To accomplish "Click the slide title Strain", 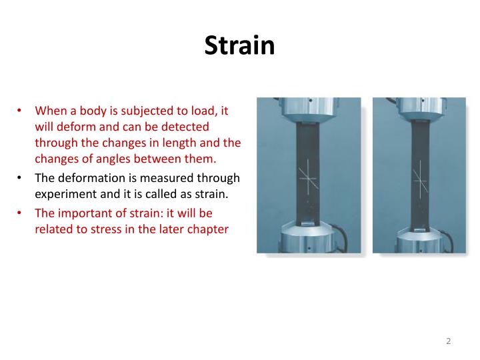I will pos(239,45).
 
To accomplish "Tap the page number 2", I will pos(449,341).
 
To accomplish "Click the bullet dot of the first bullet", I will pos(20,111).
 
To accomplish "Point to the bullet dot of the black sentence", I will pos(20,178).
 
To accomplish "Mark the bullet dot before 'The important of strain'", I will pos(20,213).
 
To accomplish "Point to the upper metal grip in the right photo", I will pos(420,111).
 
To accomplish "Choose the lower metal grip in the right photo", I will pos(420,237).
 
